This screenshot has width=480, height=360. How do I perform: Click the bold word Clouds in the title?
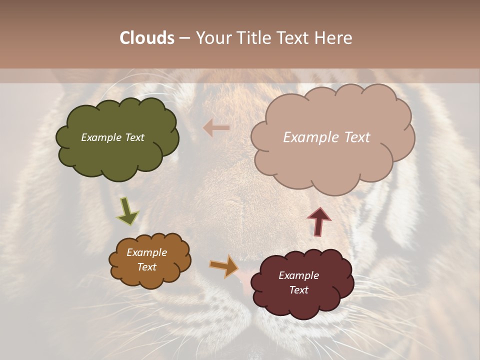coord(147,38)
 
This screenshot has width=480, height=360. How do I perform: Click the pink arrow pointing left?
coord(216,128)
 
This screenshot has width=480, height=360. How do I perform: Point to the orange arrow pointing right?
coord(224,266)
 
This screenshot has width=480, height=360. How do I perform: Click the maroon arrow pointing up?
coord(318,221)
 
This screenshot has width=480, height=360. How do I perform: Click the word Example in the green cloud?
coord(100,137)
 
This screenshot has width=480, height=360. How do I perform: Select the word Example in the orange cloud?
coord(146,252)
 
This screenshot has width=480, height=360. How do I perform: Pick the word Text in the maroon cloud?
coord(298,290)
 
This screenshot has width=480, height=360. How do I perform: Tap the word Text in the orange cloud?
coord(146,267)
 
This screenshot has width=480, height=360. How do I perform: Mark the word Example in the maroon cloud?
coord(298,275)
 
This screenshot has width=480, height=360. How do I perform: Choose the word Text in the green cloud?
coord(133,137)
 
